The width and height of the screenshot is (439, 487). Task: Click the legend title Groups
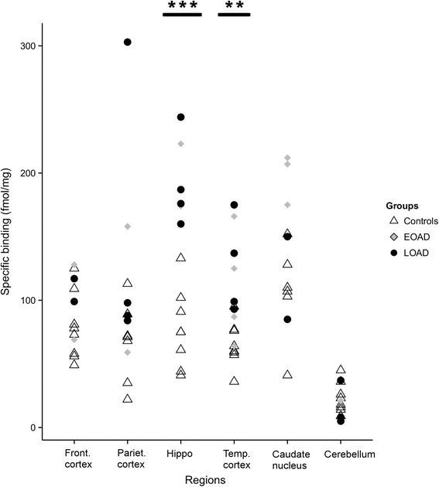point(403,206)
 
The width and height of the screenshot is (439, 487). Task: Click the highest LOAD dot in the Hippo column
point(181,117)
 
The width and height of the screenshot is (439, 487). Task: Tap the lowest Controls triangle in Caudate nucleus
point(287,375)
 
